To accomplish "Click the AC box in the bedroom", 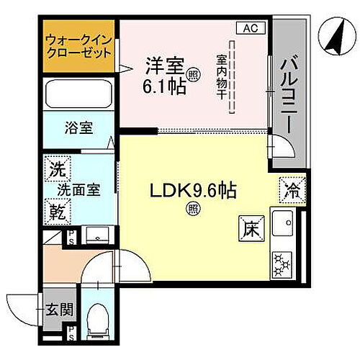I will coord(249,29).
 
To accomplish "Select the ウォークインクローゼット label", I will coord(78,47).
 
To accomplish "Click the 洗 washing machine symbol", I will coord(56,171).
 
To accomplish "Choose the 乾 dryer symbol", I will coord(56,211).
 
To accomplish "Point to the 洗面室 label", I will coord(78,191).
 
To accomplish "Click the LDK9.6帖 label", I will coord(193,192).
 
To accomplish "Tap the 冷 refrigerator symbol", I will coord(291,191).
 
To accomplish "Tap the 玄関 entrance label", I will coord(55,310).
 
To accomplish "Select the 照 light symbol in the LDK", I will coord(193,210).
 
